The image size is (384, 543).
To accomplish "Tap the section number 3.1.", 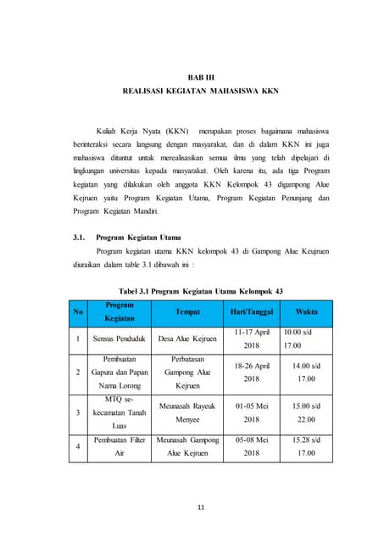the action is (82, 239).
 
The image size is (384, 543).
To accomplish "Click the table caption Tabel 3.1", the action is (201, 291).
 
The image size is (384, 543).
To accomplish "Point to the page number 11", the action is (201, 507).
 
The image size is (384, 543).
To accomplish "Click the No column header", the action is (78, 311).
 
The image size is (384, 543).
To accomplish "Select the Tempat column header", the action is (187, 311).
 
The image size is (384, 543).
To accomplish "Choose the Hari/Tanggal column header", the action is (252, 311).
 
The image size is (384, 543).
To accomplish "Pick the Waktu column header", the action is (307, 311).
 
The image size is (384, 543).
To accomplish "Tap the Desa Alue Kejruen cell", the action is (187, 339).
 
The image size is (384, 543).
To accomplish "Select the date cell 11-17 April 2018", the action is (252, 339).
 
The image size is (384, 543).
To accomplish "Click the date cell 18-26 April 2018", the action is (252, 372).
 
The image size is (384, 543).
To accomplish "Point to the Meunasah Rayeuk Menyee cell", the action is (187, 412).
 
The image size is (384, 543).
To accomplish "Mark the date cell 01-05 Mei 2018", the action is (252, 412).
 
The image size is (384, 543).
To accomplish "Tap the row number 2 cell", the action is (78, 372).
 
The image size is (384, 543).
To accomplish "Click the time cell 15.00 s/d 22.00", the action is (307, 412).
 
